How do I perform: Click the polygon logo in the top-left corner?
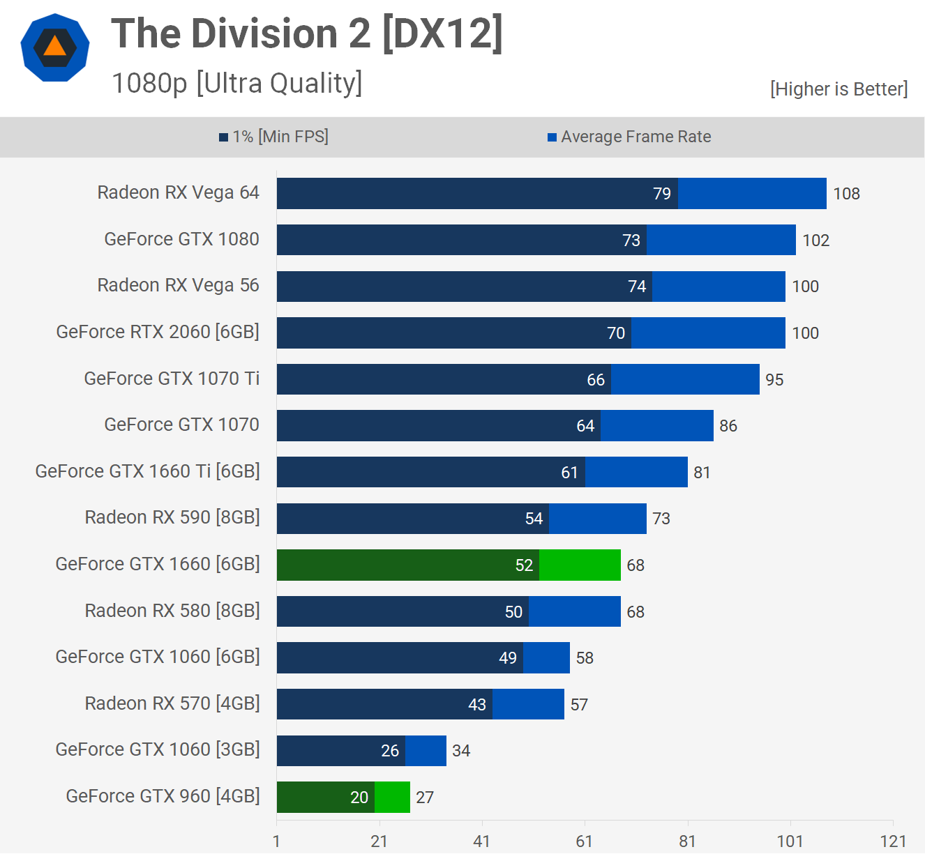(x=55, y=47)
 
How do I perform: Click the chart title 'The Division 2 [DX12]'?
(x=307, y=33)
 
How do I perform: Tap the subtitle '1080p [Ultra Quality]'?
(x=237, y=83)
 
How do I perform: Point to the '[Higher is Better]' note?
(x=838, y=89)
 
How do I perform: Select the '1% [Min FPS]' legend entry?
(x=274, y=137)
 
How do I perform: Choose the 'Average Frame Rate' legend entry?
(x=629, y=137)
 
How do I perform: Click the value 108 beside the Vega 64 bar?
(x=846, y=194)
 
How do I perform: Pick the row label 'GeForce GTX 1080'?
(x=181, y=239)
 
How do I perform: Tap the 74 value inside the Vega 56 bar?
(x=637, y=287)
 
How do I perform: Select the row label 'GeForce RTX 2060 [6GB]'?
(x=158, y=332)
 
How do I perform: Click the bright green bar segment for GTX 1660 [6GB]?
(x=580, y=565)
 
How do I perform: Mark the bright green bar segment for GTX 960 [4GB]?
(x=392, y=797)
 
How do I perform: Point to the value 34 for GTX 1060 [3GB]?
(x=461, y=751)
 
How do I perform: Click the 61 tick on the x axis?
(x=585, y=841)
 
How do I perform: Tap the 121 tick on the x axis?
(x=893, y=841)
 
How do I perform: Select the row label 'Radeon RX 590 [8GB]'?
(x=172, y=517)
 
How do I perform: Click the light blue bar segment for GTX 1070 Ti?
(x=685, y=379)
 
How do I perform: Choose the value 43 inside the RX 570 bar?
(x=477, y=705)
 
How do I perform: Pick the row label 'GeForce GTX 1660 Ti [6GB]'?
(x=147, y=471)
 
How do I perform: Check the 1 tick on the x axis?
(x=277, y=841)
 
